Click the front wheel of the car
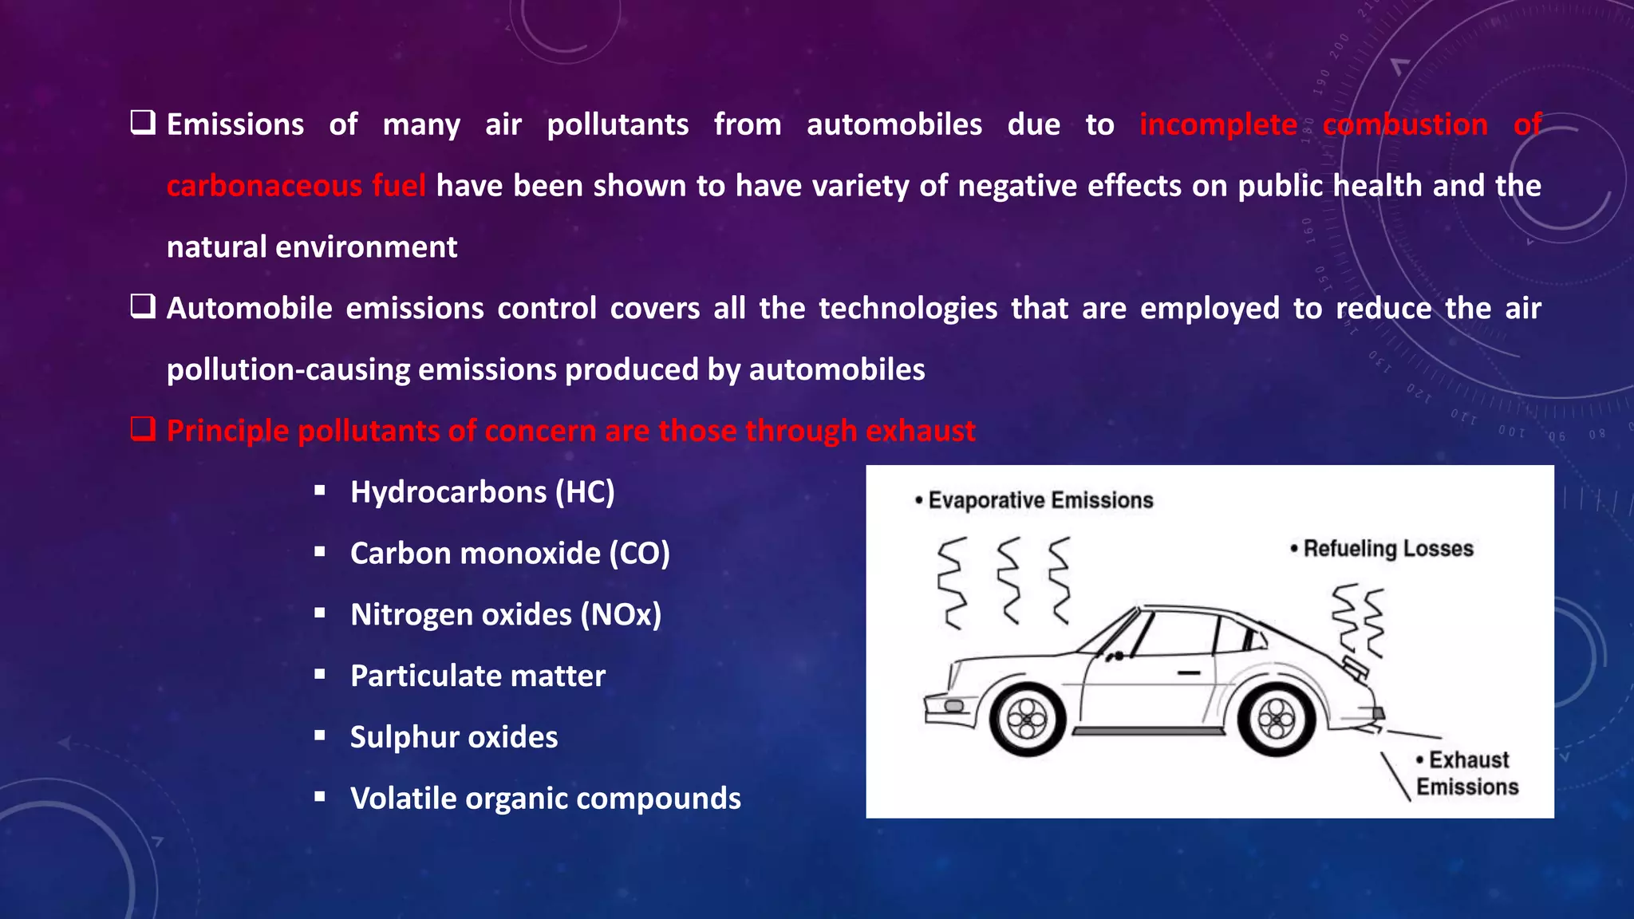point(1028,720)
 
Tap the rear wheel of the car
point(1276,720)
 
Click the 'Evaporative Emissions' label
point(1040,500)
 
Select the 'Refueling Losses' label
point(1387,549)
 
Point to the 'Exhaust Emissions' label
point(1467,773)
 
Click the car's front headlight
point(953,706)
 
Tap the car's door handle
point(1189,672)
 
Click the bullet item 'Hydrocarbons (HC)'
point(482,492)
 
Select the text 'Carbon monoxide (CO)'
point(510,554)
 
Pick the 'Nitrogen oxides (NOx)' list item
point(506,615)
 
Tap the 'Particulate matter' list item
point(478,676)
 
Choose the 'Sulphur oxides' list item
point(454,737)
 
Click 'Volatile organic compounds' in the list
point(546,799)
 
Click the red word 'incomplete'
point(1218,124)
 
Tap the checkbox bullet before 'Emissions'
point(143,123)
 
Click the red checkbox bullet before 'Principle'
point(143,429)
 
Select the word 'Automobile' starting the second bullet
point(249,309)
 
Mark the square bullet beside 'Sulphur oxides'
point(320,736)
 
